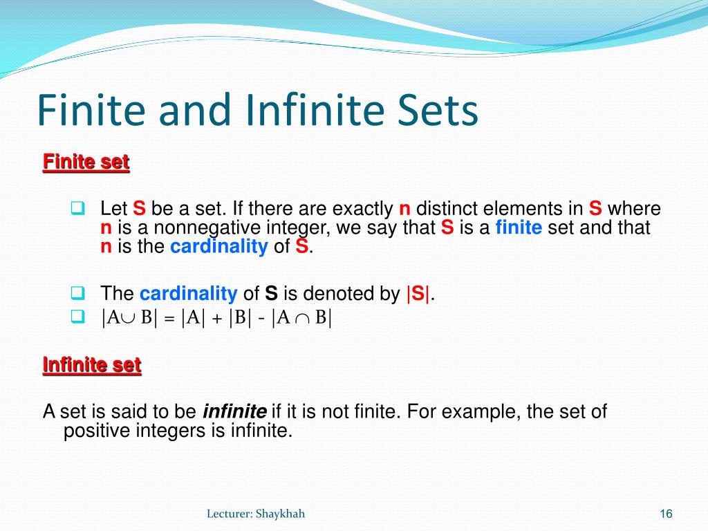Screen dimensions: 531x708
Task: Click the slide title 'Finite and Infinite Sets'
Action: (257, 111)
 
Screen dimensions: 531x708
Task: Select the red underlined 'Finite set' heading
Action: (86, 162)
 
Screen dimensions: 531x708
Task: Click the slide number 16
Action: (666, 513)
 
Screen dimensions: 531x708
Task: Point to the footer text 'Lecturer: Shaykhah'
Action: (256, 513)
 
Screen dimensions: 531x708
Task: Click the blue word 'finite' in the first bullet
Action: (519, 228)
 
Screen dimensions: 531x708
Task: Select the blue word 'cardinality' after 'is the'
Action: (218, 248)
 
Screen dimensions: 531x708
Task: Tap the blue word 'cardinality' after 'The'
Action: (188, 294)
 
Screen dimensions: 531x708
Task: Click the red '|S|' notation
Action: (418, 294)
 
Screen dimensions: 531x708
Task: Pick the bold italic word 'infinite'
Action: (234, 412)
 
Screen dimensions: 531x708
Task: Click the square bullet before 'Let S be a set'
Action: (77, 207)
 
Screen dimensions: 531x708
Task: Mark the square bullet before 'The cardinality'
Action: (77, 292)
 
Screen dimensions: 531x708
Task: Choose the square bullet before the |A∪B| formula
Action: (77, 316)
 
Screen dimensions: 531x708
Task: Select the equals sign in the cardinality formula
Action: (169, 319)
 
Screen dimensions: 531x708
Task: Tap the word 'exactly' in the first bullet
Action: (362, 209)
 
